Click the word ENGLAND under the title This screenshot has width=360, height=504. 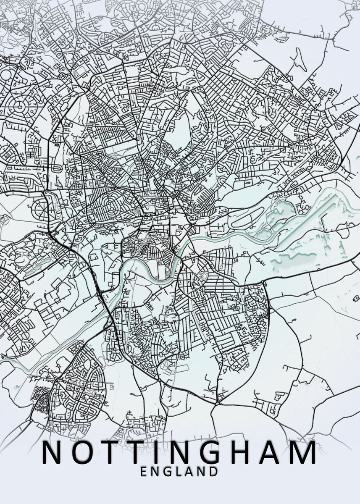pos(180,472)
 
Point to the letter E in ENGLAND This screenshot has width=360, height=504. pos(144,472)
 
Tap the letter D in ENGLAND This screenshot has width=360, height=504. pos(214,472)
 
